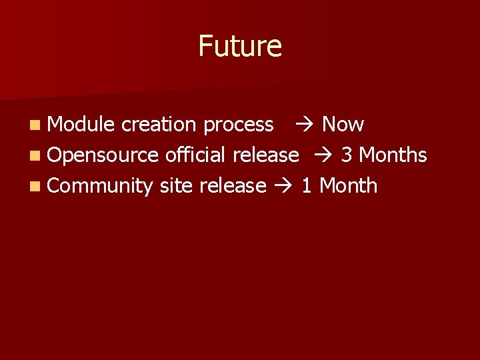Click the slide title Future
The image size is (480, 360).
point(240,46)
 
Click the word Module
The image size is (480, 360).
point(81,124)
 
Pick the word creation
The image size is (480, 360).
point(159,124)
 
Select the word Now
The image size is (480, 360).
point(343,124)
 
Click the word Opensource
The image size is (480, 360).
point(103,155)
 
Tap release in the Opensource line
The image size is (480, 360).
point(265,155)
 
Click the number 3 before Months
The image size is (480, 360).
point(347,155)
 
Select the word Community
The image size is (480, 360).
point(101,186)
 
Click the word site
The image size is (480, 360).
point(177,185)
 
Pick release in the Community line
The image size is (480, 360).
point(233,185)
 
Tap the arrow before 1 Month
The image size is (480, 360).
point(283,186)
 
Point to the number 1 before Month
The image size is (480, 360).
point(307,185)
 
